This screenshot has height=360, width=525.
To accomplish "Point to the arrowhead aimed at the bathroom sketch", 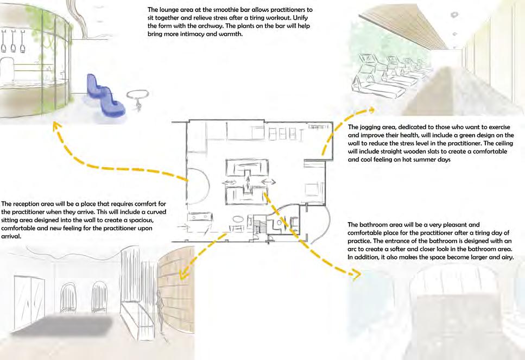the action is tap(356, 275).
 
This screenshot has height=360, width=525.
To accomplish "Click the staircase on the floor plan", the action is tap(261, 226).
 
